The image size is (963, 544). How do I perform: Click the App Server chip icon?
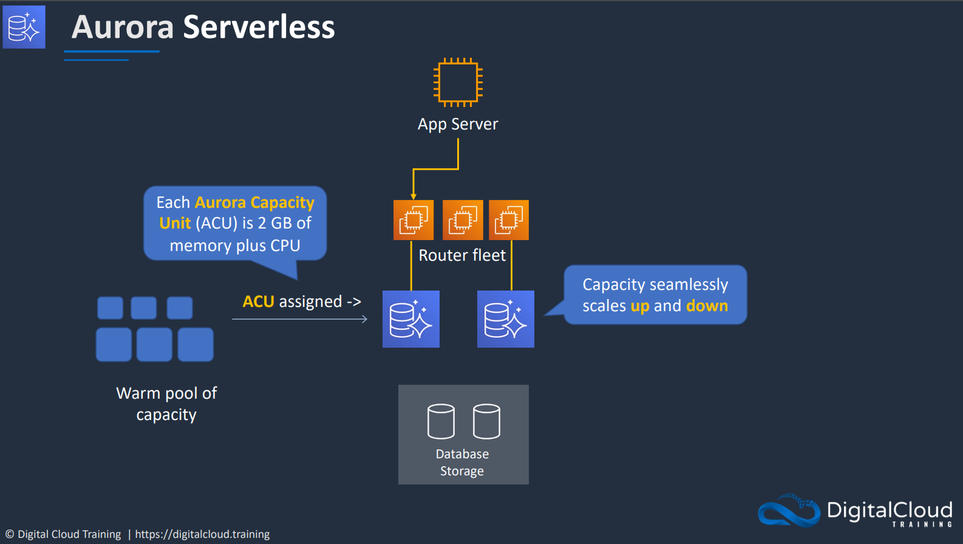[x=458, y=82]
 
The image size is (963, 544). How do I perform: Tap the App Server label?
[x=458, y=125]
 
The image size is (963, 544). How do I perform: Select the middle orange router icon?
[x=463, y=220]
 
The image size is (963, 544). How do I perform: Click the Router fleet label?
[x=462, y=255]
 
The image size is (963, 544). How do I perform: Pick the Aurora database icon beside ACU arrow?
[x=411, y=319]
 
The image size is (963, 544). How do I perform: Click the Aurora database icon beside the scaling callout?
[x=506, y=319]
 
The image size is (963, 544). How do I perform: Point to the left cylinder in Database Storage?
[x=441, y=421]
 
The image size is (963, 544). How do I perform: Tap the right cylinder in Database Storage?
[x=486, y=421]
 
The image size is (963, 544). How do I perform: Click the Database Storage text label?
[x=462, y=463]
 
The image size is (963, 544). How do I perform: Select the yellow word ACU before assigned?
[x=259, y=301]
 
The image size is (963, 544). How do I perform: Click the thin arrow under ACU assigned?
[x=300, y=319]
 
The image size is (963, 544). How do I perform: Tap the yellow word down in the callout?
[x=707, y=306]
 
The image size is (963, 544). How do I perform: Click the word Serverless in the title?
[x=259, y=27]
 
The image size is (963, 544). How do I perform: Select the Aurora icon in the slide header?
[x=24, y=27]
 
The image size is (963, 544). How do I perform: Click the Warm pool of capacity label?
[x=166, y=404]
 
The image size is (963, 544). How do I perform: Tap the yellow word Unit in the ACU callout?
[x=175, y=223]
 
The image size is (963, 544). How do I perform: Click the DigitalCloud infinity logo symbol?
[x=789, y=511]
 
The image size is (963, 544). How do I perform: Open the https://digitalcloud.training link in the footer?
[x=202, y=534]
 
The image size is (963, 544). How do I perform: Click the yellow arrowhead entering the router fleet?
[x=413, y=197]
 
